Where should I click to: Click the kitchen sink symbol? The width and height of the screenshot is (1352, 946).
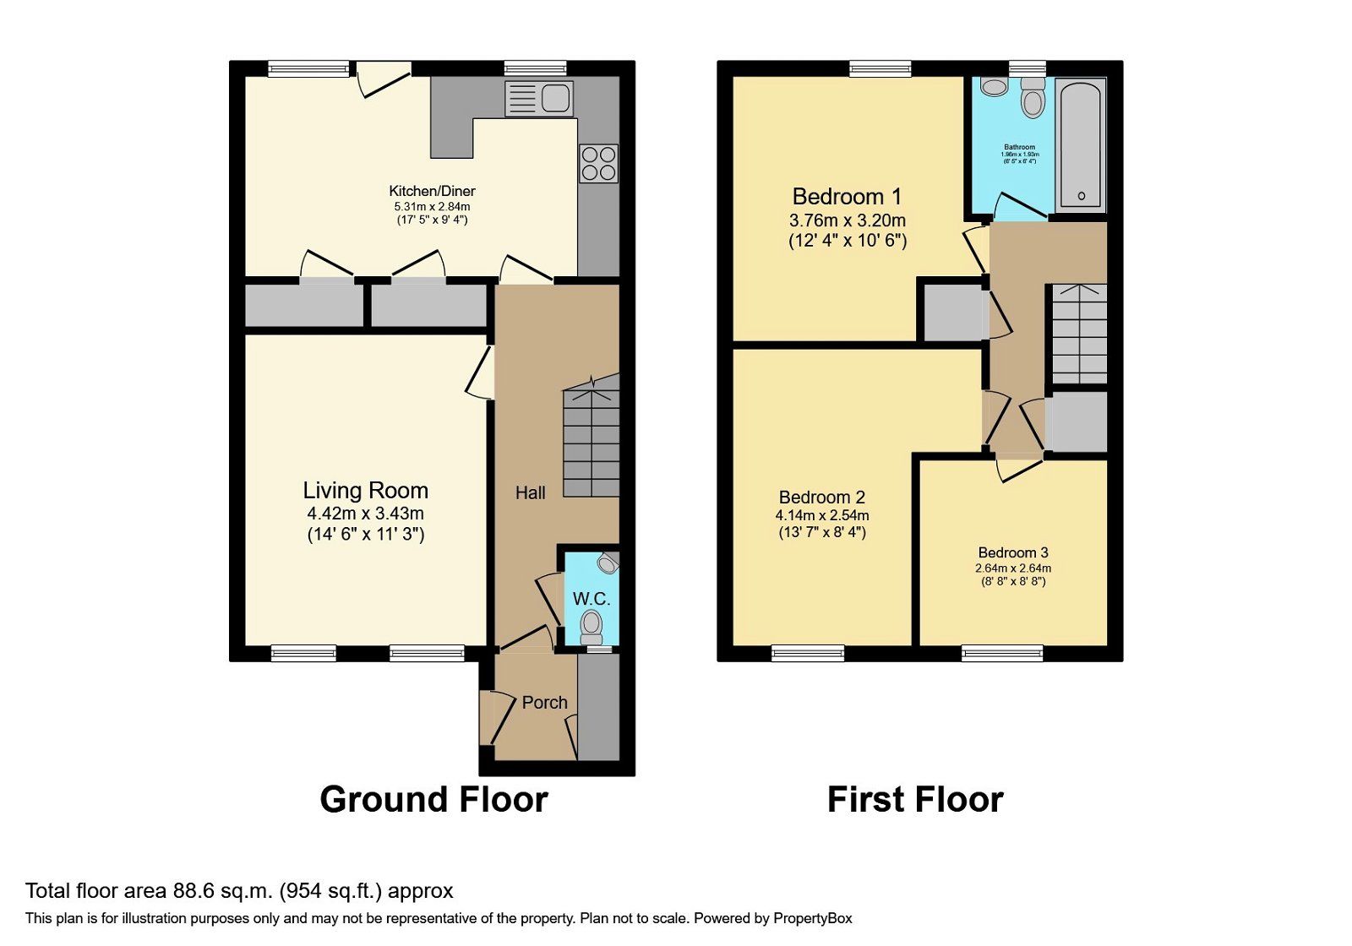tap(539, 99)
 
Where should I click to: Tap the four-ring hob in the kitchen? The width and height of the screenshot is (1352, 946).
tap(598, 164)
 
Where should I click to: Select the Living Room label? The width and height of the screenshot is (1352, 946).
tap(365, 491)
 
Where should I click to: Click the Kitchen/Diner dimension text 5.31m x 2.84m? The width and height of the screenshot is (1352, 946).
tap(432, 206)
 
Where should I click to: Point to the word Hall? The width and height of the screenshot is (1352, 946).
tap(531, 493)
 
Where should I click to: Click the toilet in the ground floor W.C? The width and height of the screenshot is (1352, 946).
tap(591, 627)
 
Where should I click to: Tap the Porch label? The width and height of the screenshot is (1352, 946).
tap(544, 703)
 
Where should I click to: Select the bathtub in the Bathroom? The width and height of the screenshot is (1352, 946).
tap(1082, 144)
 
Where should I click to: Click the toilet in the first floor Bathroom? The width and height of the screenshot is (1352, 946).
tap(1033, 100)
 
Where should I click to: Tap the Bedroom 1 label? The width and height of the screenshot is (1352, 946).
tap(847, 197)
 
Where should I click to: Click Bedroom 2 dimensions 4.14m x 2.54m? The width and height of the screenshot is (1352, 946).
tap(822, 515)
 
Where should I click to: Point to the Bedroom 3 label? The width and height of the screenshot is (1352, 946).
tap(1013, 553)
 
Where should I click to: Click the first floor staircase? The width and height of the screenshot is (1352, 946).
tap(1079, 334)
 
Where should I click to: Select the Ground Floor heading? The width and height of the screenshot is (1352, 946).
tap(433, 799)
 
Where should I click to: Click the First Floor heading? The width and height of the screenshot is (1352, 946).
tap(915, 799)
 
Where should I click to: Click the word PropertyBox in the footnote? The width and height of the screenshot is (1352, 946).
tap(812, 918)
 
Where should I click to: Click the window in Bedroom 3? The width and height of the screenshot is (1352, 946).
tap(1002, 653)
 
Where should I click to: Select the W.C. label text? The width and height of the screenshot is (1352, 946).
tap(591, 599)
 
